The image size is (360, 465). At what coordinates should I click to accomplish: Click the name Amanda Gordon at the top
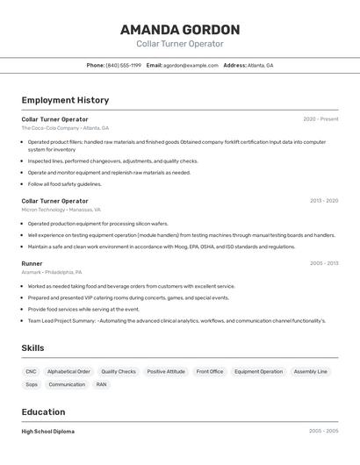(179, 29)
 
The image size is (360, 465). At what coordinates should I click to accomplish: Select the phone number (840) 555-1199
(123, 65)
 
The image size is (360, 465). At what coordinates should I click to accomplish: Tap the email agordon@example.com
(191, 65)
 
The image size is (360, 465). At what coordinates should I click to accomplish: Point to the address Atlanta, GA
(260, 65)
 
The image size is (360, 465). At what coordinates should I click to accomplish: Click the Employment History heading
(65, 100)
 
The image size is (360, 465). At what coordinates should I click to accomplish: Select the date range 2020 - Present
(320, 119)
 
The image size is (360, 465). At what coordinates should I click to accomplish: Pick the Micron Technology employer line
(61, 210)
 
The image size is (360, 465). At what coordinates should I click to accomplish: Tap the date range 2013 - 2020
(323, 201)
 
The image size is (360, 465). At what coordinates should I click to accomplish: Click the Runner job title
(32, 263)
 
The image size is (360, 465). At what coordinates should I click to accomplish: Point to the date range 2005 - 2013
(323, 263)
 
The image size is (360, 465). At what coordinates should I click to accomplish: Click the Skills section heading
(32, 348)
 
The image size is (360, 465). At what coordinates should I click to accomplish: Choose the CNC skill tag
(31, 371)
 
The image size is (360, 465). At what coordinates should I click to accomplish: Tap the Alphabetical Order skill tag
(68, 371)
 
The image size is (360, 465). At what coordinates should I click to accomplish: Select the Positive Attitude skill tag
(166, 371)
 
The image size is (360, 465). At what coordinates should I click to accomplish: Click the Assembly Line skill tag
(310, 371)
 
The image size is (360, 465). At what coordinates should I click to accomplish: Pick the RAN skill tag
(101, 384)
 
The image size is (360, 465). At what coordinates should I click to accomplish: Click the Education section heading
(43, 411)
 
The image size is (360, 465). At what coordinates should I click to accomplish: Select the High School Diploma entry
(47, 432)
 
